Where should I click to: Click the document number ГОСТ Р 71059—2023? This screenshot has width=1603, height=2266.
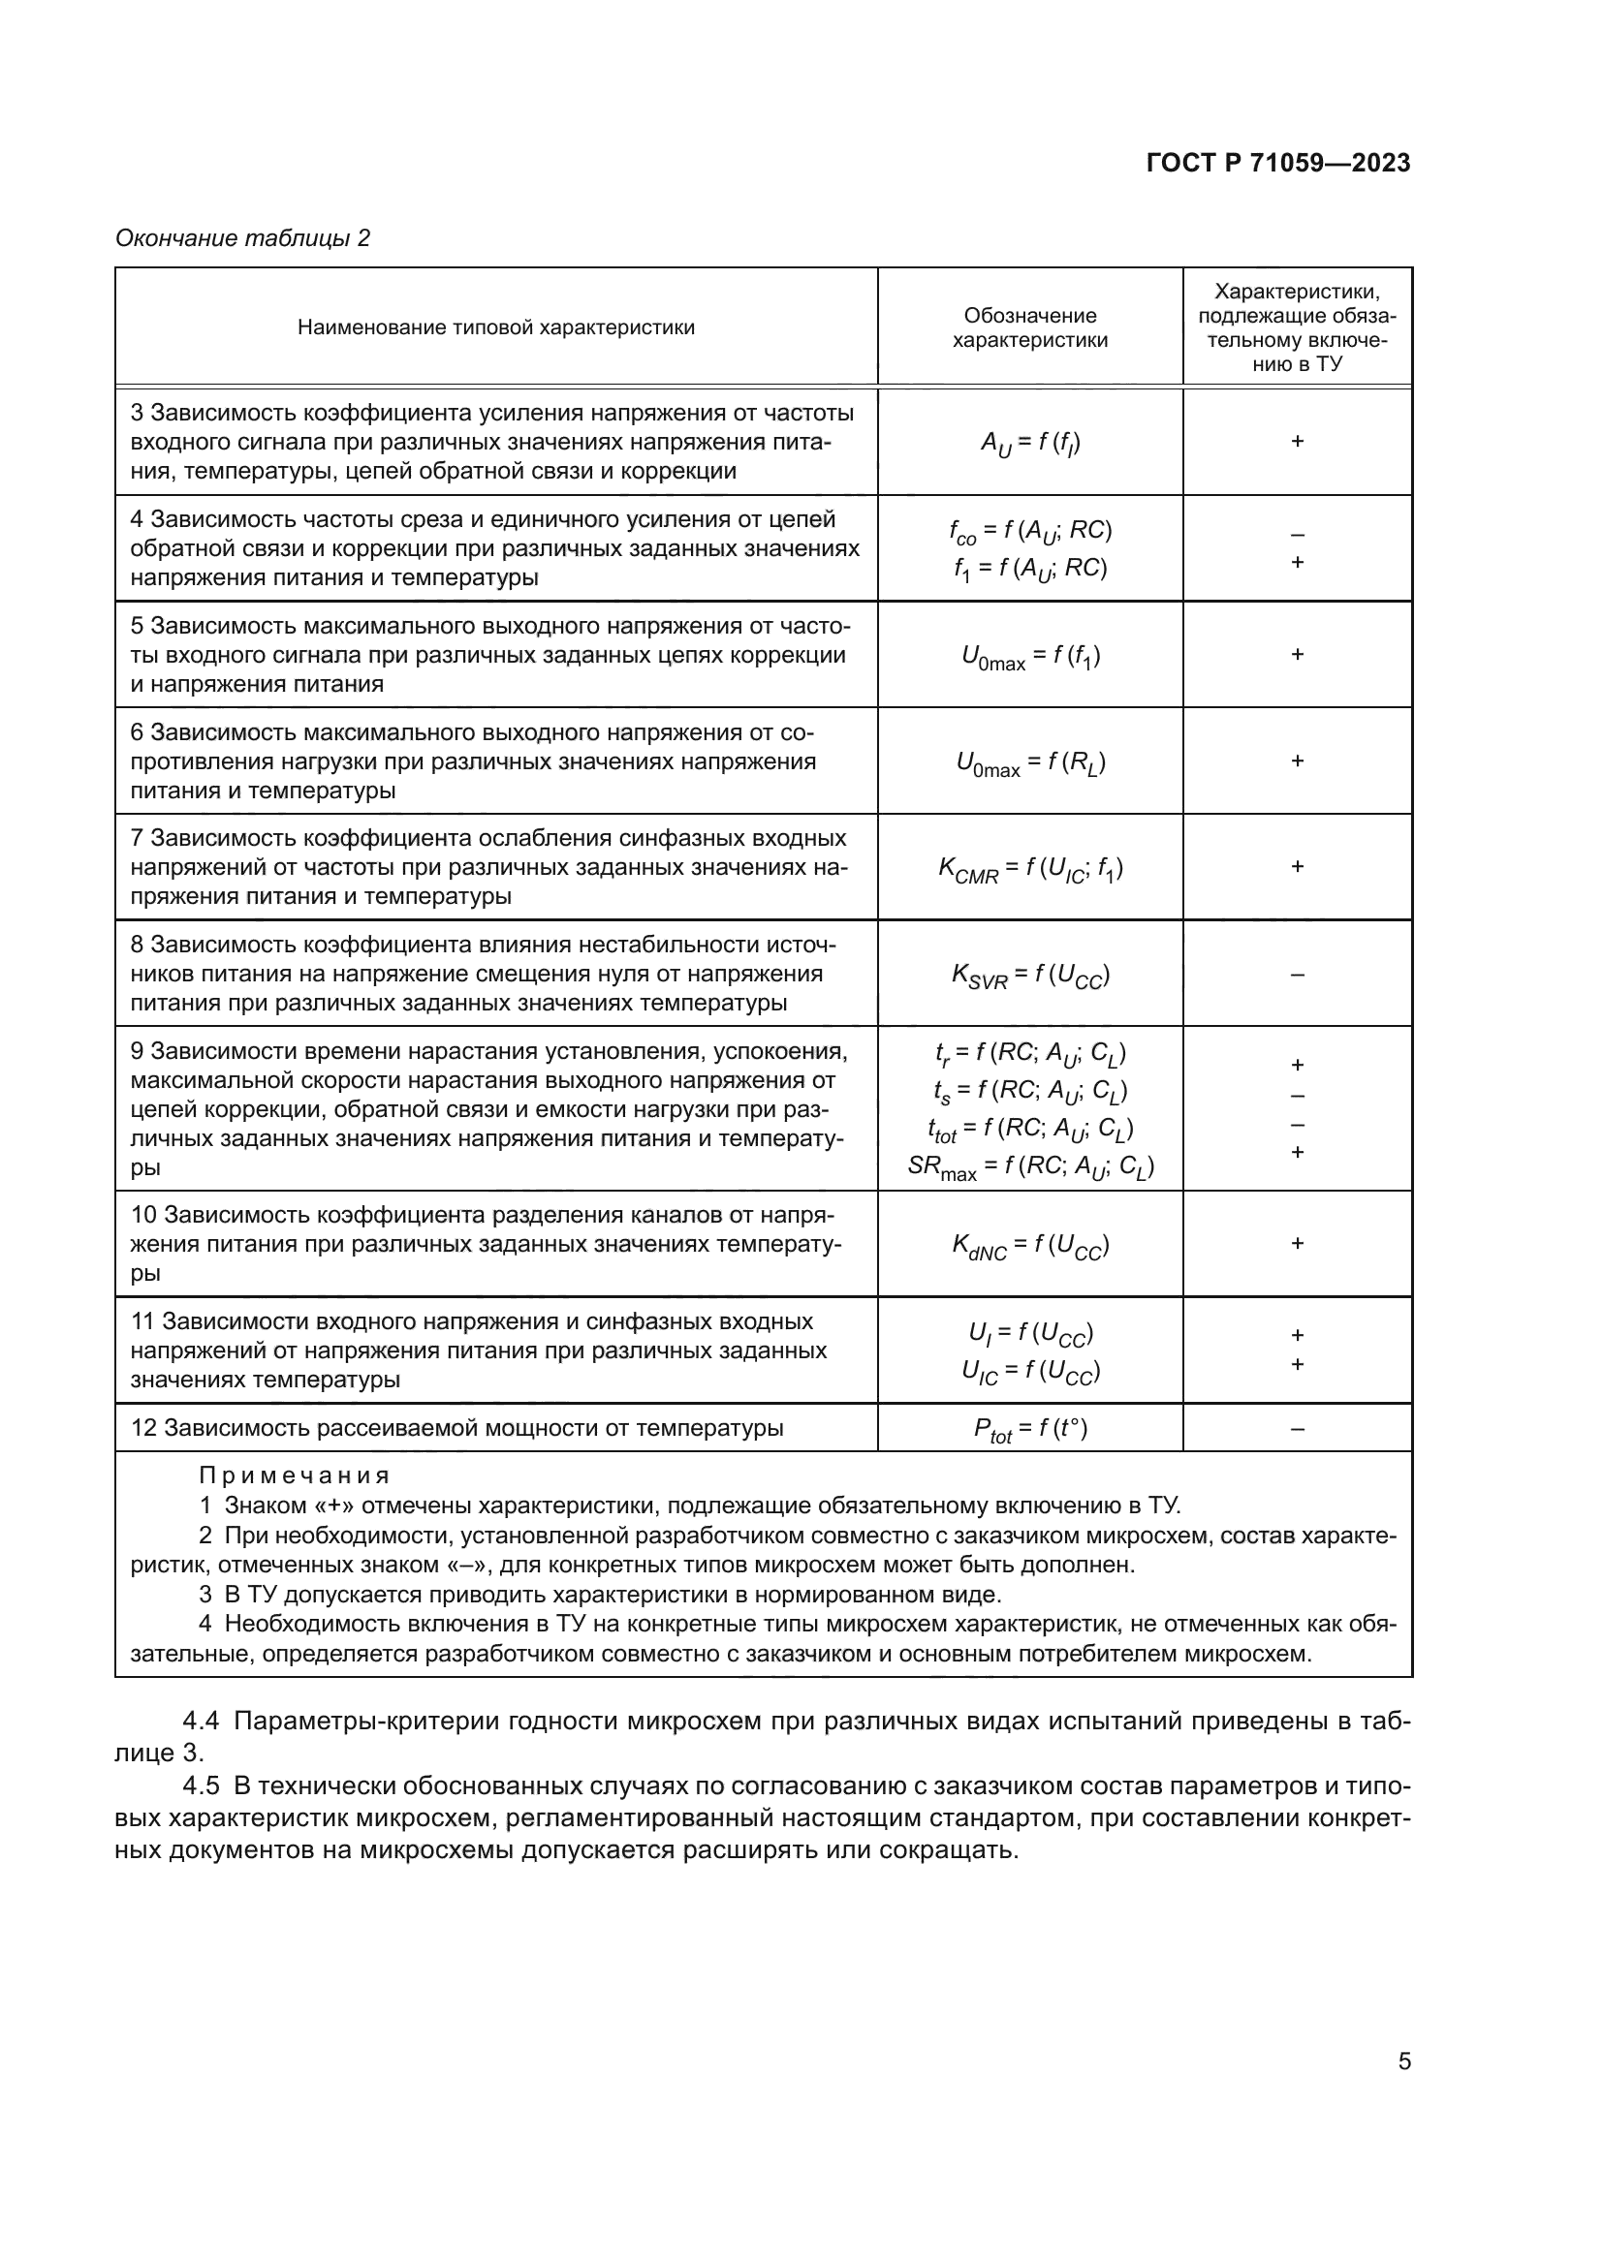tap(1278, 163)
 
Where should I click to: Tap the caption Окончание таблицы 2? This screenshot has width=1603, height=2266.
tap(243, 238)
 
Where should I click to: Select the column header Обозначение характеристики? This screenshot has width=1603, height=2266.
tap(1029, 327)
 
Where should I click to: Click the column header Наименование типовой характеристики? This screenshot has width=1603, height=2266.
tap(495, 327)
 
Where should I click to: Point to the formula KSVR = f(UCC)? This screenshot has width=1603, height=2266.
tap(1030, 976)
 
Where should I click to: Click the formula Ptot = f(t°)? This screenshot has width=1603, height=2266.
tap(1030, 1429)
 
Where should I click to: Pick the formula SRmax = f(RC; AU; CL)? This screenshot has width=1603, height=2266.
tap(1030, 1166)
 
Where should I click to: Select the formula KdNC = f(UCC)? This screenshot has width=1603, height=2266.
tap(1030, 1245)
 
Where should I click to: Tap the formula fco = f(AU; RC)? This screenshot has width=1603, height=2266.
tap(1030, 531)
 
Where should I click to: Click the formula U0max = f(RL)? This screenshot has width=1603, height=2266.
tap(1030, 761)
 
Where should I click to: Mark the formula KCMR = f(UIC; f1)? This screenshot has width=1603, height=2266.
tap(1030, 868)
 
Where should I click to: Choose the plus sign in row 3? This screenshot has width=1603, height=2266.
tap(1297, 441)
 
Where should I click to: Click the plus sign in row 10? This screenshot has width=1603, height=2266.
tap(1297, 1244)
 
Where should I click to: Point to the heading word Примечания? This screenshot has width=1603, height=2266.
tap(295, 1475)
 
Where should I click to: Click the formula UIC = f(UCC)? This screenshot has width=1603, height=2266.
tap(1030, 1371)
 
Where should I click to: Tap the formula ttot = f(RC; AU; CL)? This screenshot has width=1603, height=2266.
tap(1030, 1128)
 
